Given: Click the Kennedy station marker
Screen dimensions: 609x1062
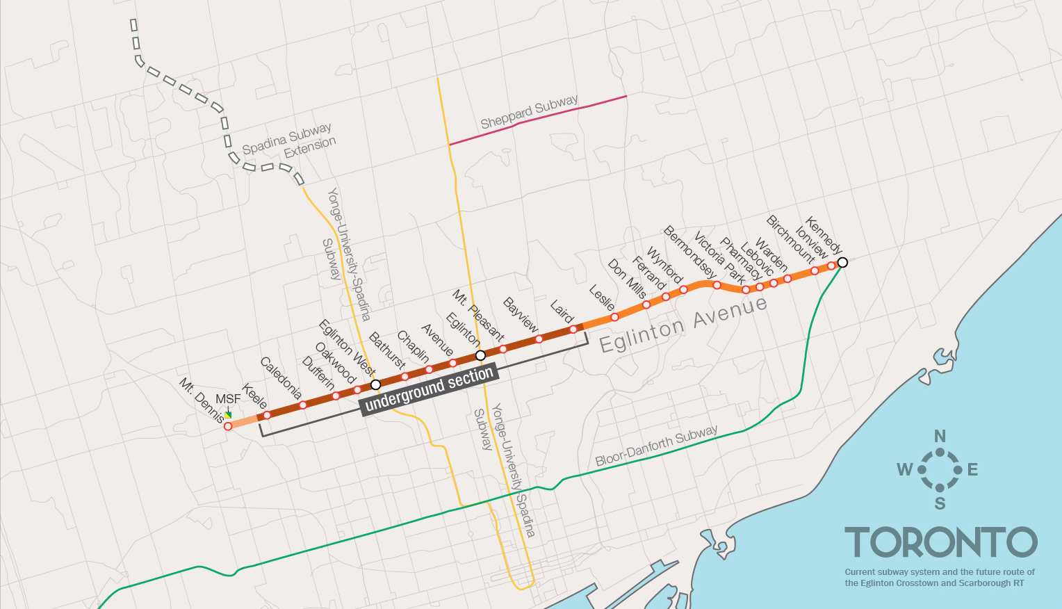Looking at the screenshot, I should pos(842,262).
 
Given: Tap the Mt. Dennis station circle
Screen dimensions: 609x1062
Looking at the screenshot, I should pos(228,426).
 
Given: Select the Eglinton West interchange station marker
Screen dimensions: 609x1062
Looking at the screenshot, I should pos(376,384).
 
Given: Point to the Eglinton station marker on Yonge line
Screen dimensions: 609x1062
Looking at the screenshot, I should pos(480,355).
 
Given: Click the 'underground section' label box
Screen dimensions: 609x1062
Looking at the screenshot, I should pos(429,389).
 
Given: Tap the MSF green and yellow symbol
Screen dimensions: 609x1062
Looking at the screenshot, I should pos(228,415).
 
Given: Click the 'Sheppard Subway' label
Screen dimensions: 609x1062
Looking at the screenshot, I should pos(529,112).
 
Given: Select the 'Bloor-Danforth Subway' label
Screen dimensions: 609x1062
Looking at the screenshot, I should pos(656,445).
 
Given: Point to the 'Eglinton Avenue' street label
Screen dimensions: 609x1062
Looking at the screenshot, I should pos(683,324).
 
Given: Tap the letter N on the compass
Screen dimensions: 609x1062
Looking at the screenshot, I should pos(940,437).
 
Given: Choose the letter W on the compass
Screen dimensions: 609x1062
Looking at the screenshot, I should pos(904,470).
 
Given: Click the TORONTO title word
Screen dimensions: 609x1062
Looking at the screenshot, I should pos(940,542).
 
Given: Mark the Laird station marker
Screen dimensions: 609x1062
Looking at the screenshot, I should pos(573,330).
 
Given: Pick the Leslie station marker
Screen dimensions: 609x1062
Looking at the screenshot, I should pos(614,317).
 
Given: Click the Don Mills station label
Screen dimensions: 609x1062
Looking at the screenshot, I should pos(627,279).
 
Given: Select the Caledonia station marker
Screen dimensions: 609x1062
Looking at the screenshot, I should pos(303,405).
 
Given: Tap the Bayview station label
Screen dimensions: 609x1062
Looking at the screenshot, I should pos(521,315).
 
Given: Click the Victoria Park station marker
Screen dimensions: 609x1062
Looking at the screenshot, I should pos(717,285).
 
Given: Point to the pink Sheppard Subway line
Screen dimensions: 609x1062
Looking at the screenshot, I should pos(539,120).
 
